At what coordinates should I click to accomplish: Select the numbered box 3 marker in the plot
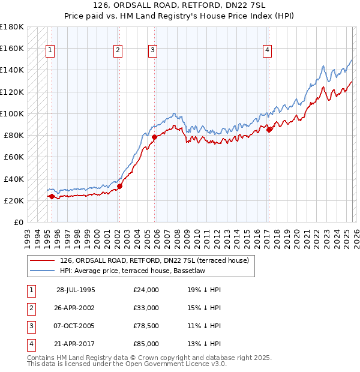point(152,50)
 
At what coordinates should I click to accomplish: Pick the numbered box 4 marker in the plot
point(266,50)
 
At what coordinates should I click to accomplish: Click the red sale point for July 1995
point(52,196)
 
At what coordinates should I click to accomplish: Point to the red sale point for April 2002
point(119,186)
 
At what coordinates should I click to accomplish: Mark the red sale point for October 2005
point(155,137)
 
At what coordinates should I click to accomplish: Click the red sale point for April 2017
point(269,130)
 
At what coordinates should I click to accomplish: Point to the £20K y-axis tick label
point(14,200)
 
